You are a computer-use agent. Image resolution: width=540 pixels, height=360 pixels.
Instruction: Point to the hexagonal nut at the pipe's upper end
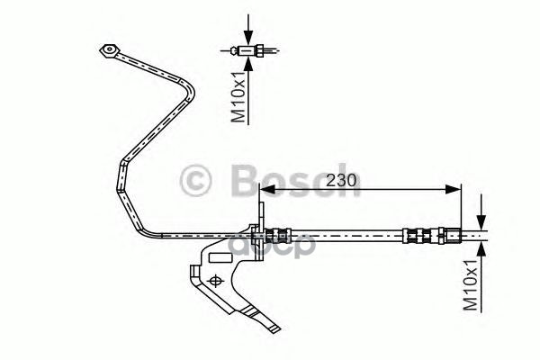109,49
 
